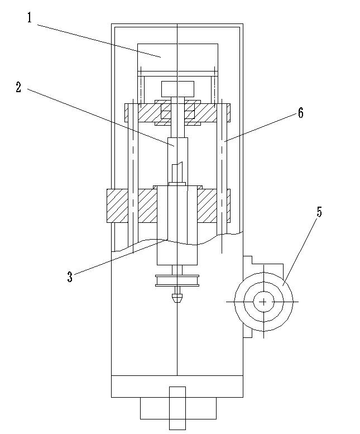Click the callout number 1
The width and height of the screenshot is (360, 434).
pyautogui.click(x=30, y=18)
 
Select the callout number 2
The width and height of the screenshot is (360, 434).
pyautogui.click(x=18, y=87)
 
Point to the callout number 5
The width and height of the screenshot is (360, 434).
pyautogui.click(x=319, y=212)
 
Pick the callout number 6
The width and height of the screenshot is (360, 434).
pyautogui.click(x=300, y=113)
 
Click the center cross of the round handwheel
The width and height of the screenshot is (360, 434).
pyautogui.click(x=263, y=302)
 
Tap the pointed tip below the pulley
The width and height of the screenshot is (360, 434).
pyautogui.click(x=177, y=298)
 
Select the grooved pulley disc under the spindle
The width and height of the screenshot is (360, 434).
pyautogui.click(x=177, y=280)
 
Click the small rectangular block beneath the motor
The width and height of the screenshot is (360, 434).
pyautogui.click(x=177, y=88)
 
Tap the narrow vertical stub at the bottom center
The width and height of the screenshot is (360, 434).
pyautogui.click(x=177, y=408)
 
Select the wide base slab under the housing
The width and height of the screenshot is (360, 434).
pyautogui.click(x=177, y=386)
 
